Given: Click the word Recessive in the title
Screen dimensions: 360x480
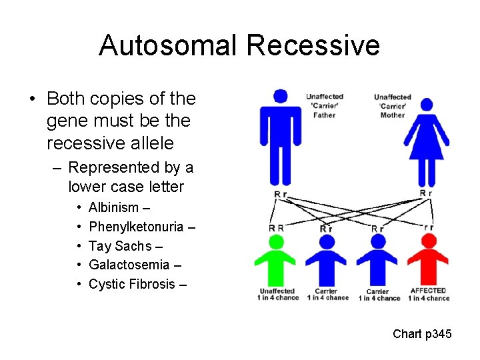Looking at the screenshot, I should (313, 45).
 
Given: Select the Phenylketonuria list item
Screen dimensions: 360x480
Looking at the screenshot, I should (142, 227).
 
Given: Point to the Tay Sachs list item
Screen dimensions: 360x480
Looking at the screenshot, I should (123, 246).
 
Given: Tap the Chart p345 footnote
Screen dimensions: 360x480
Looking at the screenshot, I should (422, 333).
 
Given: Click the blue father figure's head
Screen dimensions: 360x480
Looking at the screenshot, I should (280, 96).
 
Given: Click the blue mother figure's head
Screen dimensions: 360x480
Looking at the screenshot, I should (427, 105).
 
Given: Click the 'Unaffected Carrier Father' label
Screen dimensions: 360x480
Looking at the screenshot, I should (325, 106).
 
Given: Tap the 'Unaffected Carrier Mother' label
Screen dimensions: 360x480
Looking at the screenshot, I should (393, 106).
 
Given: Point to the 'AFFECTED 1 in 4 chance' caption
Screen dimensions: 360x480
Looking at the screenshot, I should (428, 294).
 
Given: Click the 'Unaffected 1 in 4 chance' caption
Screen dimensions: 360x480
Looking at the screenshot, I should (277, 294).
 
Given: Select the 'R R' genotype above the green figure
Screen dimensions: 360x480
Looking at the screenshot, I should (276, 228).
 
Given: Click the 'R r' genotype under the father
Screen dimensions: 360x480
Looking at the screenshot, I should (281, 194).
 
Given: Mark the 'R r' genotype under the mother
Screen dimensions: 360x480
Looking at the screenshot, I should (426, 193).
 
